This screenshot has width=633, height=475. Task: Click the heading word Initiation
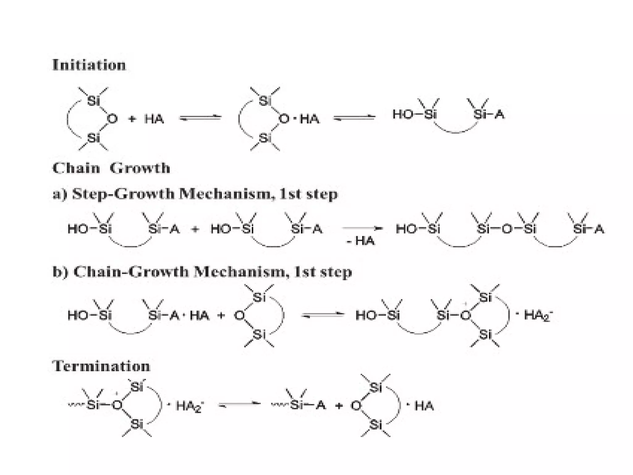click(89, 65)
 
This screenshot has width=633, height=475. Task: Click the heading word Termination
click(101, 366)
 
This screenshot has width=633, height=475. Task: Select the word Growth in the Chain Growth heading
click(140, 168)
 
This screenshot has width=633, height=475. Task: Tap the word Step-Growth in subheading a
click(123, 194)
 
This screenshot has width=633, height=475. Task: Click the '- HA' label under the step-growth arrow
click(360, 241)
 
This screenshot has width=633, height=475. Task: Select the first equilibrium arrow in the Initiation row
click(201, 118)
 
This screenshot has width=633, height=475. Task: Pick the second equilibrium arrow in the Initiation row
click(355, 118)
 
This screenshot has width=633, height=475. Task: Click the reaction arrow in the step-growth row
click(362, 228)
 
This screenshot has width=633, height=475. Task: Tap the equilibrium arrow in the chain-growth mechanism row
click(323, 315)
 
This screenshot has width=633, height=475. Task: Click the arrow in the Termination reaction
click(240, 404)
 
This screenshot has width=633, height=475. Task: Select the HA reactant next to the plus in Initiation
click(154, 119)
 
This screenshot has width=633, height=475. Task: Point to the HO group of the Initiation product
click(402, 114)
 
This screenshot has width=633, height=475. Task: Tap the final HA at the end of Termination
click(424, 405)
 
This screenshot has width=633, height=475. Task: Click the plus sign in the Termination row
click(339, 405)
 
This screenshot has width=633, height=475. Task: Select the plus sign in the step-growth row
click(195, 229)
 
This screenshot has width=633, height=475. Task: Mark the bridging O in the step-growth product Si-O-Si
click(507, 229)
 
